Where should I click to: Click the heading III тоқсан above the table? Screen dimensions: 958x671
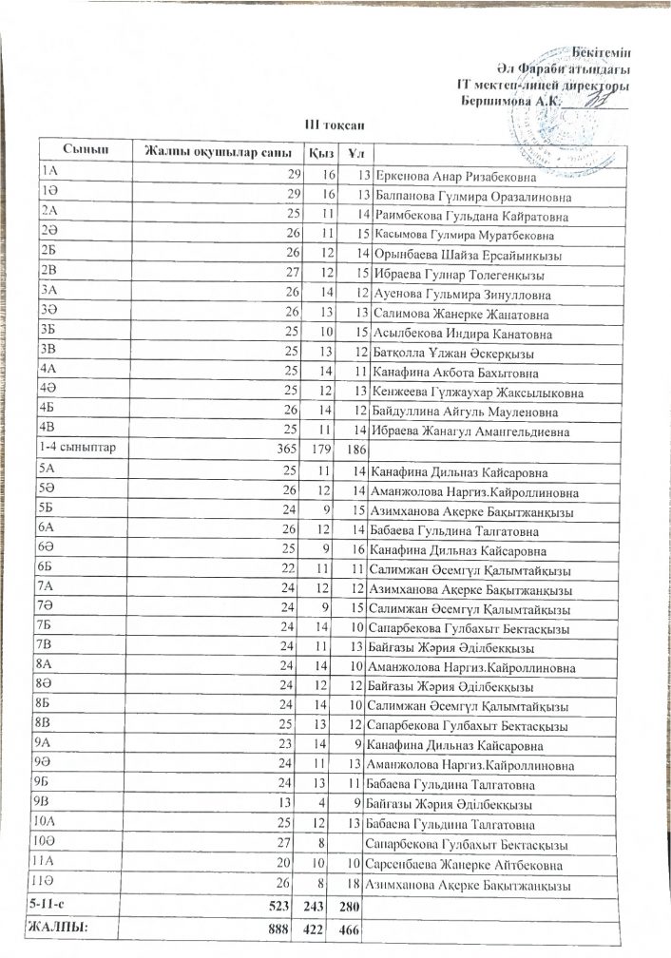[328, 124]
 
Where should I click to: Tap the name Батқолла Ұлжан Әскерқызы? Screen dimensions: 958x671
[449, 354]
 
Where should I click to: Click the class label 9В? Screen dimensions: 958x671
[43, 803]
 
